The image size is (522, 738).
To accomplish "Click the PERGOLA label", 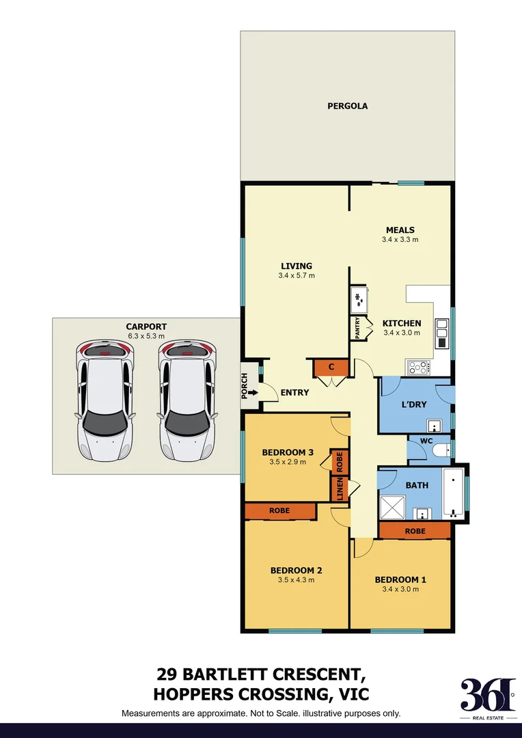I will pos(347,106).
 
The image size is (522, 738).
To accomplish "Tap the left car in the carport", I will pos(105,400).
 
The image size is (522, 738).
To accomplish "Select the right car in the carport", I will pos(188,400).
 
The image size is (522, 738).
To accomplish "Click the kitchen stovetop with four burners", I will pos(418,368).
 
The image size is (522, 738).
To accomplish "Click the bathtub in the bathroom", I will pos(453,493).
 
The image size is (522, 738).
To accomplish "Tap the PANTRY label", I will pos(357,327).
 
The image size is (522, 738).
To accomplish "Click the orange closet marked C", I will pos(331,368).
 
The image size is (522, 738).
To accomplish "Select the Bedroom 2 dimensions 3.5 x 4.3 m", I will pos(296,580).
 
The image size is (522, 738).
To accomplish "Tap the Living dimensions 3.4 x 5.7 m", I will pos(296,275).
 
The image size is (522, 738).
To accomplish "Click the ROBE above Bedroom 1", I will pos(415,531).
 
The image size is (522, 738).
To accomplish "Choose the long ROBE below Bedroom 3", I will pos(279,510).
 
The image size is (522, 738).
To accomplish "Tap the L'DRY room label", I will pos(413,405).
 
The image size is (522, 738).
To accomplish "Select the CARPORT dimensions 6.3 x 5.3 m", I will pos(146,336).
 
